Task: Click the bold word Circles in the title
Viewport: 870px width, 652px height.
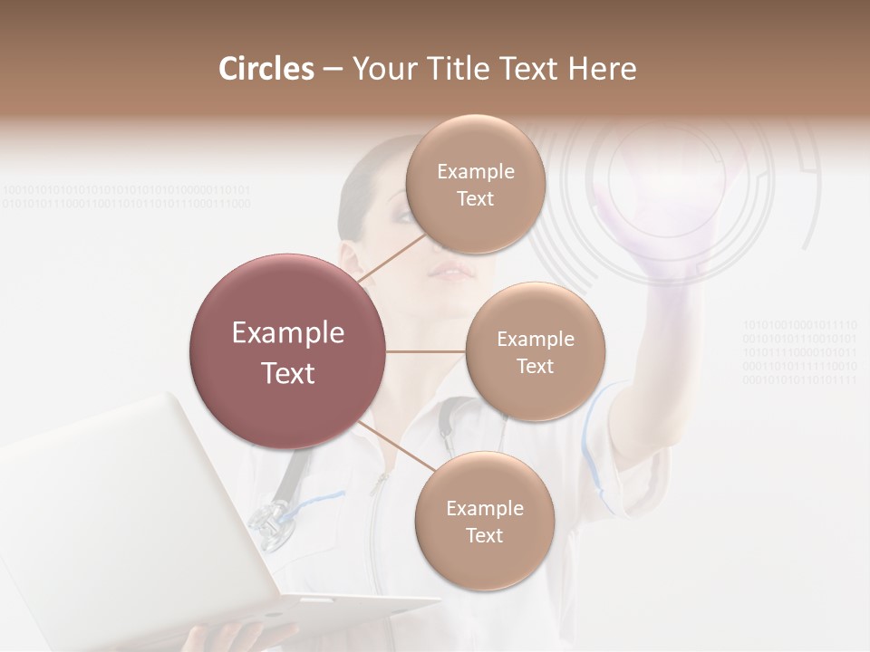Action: [266, 69]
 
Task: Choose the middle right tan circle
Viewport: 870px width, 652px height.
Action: [536, 351]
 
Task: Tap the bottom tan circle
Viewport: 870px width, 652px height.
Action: [484, 521]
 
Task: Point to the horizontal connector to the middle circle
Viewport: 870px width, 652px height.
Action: [426, 351]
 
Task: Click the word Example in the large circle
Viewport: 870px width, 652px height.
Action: [288, 333]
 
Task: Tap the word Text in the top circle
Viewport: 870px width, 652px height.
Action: [475, 199]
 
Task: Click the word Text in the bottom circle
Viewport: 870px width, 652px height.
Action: [484, 535]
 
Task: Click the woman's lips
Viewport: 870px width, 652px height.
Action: [450, 271]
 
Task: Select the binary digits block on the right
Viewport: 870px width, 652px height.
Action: [800, 351]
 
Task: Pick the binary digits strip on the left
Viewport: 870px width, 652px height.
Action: [127, 197]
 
